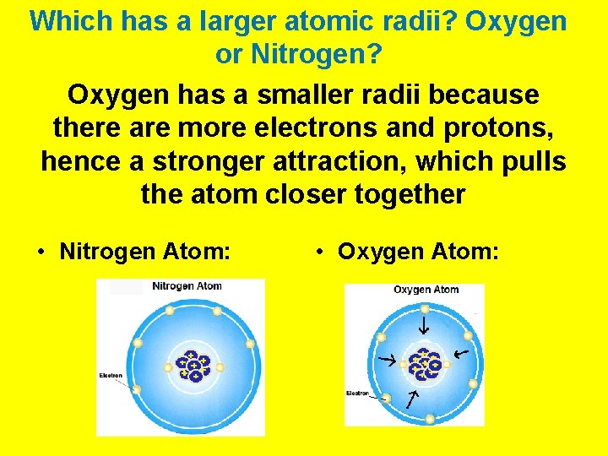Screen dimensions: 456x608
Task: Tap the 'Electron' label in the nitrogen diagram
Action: click(x=111, y=375)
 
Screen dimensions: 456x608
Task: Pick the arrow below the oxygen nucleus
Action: click(x=412, y=399)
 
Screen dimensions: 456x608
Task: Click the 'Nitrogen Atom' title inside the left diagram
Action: click(x=187, y=286)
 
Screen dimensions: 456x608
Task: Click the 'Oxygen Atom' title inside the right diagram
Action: click(x=426, y=290)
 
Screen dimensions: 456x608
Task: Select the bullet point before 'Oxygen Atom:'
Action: click(x=320, y=252)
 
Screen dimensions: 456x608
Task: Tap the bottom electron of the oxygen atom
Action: click(x=430, y=418)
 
